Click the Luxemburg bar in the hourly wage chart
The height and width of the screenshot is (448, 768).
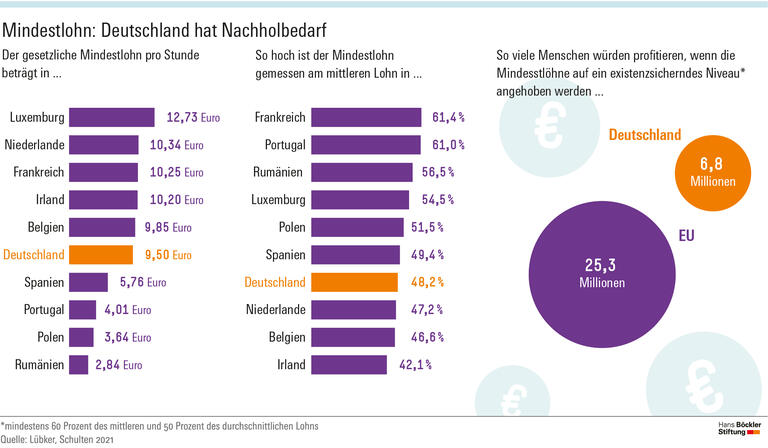tap(111, 118)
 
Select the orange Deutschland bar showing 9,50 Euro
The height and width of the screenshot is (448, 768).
tap(100, 255)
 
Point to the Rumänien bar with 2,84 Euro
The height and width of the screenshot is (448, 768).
tap(78, 365)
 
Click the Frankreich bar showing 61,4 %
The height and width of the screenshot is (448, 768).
tap(366, 118)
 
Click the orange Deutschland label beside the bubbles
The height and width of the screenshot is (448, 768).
tap(645, 135)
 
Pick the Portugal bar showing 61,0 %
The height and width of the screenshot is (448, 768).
tap(365, 145)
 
